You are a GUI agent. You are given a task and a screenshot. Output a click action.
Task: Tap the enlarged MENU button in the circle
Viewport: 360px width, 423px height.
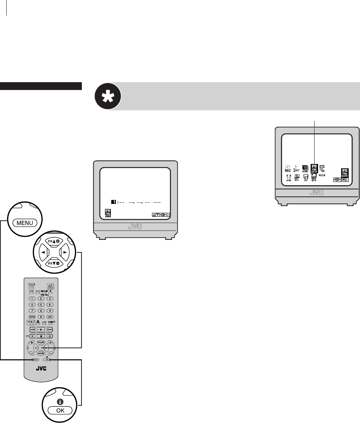click(x=25, y=223)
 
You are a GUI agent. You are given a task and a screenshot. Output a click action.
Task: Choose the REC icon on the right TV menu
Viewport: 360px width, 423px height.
click(x=287, y=169)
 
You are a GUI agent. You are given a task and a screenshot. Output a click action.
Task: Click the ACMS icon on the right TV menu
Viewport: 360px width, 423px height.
click(x=305, y=169)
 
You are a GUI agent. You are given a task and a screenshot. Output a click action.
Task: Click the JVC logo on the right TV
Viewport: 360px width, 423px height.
click(x=317, y=193)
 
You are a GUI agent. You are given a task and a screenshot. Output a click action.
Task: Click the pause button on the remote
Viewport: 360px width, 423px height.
click(x=50, y=336)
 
